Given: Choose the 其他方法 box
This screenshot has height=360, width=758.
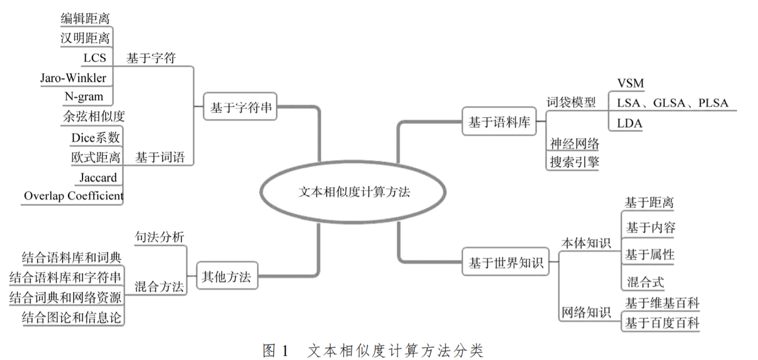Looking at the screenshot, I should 226,277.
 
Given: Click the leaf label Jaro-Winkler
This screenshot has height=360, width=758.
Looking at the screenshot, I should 73,78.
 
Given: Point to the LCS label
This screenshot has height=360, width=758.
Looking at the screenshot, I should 95,58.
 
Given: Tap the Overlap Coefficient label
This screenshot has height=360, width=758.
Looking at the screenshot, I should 73,196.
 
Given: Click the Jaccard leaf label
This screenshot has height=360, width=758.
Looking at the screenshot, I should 98,177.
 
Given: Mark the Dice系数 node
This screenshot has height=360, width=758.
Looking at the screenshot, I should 95,138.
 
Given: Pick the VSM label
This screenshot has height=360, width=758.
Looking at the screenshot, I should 630,84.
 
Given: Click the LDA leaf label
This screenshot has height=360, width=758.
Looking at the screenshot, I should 629,123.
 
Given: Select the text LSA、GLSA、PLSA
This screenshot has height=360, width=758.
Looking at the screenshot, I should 672,103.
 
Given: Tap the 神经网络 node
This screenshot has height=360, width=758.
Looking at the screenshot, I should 574,144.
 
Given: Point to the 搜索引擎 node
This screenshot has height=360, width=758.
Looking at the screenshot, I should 574,162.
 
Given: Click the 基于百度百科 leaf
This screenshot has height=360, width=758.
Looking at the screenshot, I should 662,324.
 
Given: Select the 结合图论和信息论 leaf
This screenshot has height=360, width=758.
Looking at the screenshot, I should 71,318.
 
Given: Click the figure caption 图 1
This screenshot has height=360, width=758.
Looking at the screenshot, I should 276,351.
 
